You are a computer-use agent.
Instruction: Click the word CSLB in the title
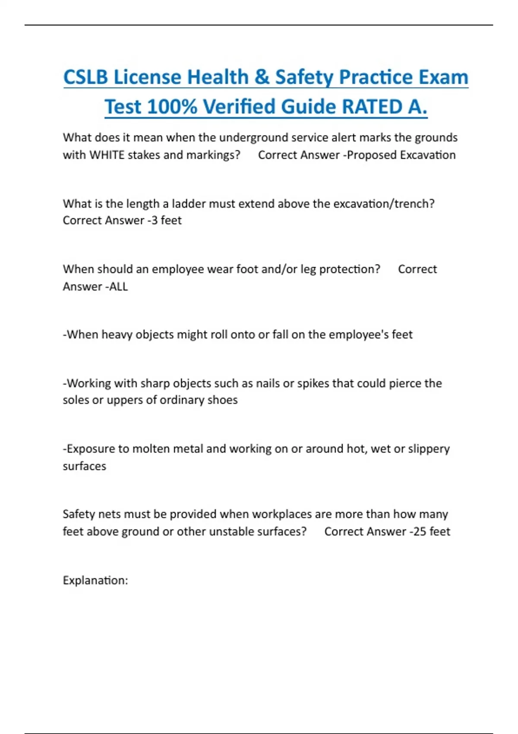pos(85,77)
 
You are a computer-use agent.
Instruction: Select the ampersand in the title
pos(262,77)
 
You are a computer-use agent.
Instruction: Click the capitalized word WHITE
pos(107,155)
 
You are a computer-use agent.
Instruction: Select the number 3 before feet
pos(155,220)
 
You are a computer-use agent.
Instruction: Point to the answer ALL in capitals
pos(119,286)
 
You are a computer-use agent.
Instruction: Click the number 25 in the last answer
pos(420,532)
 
